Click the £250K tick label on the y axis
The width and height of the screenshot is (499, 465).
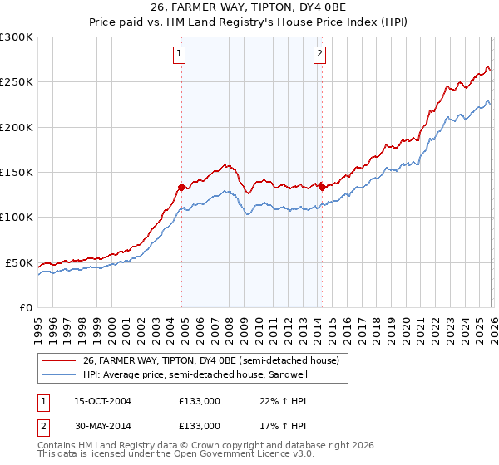tap(17, 82)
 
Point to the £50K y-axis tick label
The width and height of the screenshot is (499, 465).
tap(19, 262)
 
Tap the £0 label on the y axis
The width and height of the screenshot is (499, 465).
tap(26, 307)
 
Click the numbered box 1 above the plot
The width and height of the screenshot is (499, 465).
tap(180, 55)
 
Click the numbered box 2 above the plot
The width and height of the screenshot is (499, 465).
tap(320, 55)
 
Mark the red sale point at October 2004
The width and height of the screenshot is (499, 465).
tap(182, 187)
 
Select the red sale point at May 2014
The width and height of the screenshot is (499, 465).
tap(322, 187)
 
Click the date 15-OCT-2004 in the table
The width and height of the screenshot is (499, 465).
tap(102, 401)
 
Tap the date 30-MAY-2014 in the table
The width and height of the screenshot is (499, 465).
tap(102, 425)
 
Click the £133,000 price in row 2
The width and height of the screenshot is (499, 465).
tap(200, 425)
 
